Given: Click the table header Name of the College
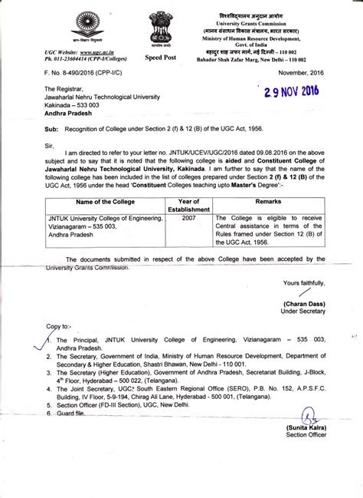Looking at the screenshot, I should point(102,201).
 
